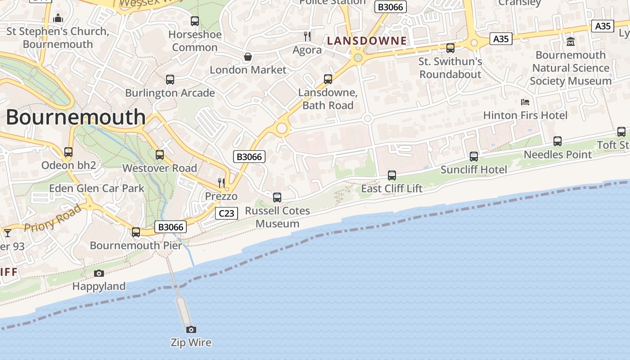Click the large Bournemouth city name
click(x=76, y=117)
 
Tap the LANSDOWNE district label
click(x=367, y=41)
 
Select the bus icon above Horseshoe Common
click(x=195, y=21)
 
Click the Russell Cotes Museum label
click(x=277, y=217)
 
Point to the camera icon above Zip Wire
click(x=191, y=329)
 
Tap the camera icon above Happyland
click(x=99, y=273)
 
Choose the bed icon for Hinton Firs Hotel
click(x=525, y=102)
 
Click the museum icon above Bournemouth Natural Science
click(x=571, y=42)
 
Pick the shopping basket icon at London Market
click(x=247, y=57)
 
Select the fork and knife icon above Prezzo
click(x=221, y=183)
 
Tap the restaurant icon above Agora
click(x=307, y=36)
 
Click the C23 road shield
click(x=226, y=213)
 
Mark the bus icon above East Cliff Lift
click(x=392, y=175)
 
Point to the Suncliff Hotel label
click(x=473, y=170)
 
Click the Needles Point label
click(x=558, y=154)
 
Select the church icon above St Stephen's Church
click(x=58, y=18)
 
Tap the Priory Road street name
click(x=53, y=218)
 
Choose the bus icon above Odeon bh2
click(x=68, y=152)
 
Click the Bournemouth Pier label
click(x=136, y=245)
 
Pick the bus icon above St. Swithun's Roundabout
click(x=450, y=48)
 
